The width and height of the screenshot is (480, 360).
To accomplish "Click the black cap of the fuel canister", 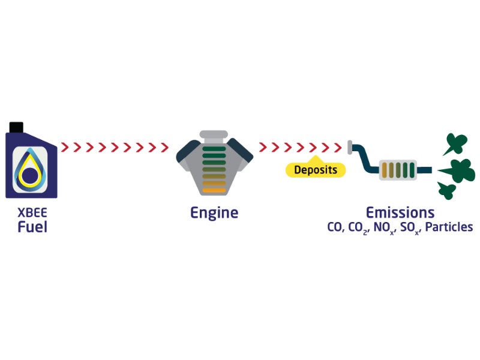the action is [x=16, y=127].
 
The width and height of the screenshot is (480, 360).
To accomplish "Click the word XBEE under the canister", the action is [x=32, y=213].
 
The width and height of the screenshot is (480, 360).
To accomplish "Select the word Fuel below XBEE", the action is [x=32, y=227].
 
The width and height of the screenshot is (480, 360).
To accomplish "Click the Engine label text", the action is [x=214, y=213].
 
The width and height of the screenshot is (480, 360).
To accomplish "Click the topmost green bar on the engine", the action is [x=214, y=149].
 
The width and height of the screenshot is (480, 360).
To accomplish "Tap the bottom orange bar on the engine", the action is [x=214, y=190].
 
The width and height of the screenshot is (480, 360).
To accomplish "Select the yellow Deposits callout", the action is [x=316, y=169].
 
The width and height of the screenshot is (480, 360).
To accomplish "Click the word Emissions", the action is [x=400, y=212].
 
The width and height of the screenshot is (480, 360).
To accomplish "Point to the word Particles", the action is [x=449, y=227].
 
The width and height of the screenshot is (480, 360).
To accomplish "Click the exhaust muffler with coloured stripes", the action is [x=398, y=170].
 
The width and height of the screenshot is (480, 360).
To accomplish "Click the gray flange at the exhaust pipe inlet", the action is [x=350, y=147].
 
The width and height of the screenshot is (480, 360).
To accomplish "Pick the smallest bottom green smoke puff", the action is [x=446, y=191].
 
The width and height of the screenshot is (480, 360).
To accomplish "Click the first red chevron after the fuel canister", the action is [x=65, y=147].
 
